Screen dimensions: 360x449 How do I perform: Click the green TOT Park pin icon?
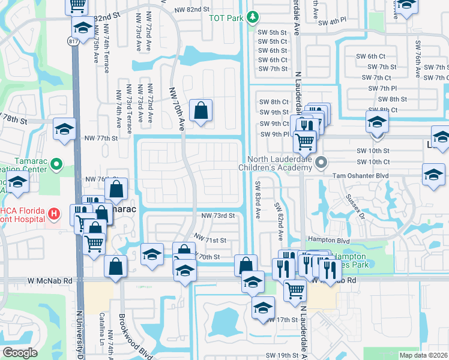[x=254, y=17]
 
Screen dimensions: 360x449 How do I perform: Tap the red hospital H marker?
[x=55, y=213]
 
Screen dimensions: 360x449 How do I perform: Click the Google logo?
[x=20, y=353]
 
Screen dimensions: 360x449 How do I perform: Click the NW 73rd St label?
[x=217, y=215]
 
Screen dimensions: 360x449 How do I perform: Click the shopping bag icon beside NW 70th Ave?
[x=200, y=111]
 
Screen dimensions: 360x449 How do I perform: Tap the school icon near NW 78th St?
[x=64, y=130]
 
